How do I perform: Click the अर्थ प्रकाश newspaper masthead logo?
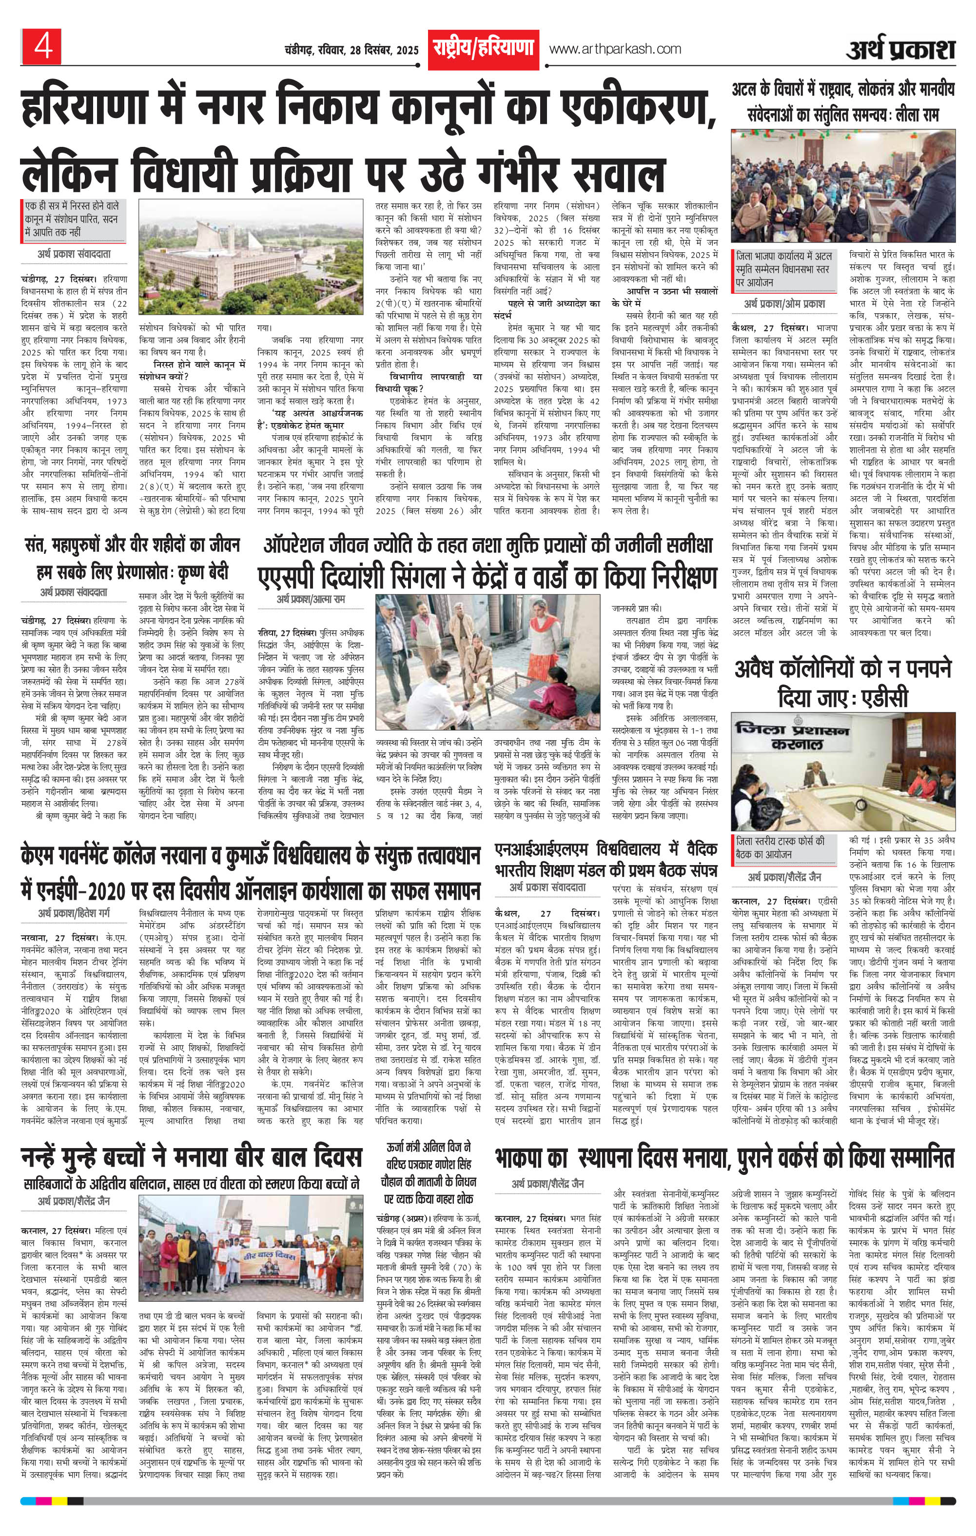click(x=901, y=50)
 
